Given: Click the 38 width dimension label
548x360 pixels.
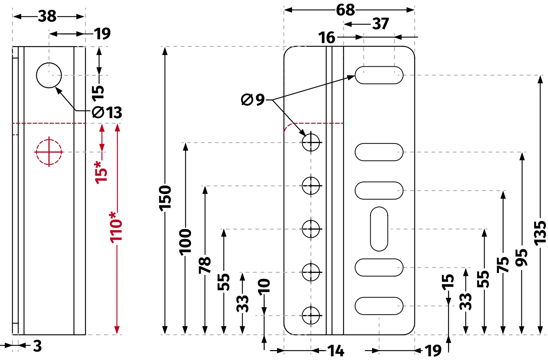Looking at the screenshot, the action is pyautogui.click(x=47, y=16).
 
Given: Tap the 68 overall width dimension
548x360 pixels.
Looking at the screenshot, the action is pyautogui.click(x=345, y=10).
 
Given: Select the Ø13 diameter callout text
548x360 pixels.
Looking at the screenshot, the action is pyautogui.click(x=107, y=112).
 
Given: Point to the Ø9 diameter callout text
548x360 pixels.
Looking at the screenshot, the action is pyautogui.click(x=253, y=100).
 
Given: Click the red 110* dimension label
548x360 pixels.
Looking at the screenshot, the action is pyautogui.click(x=116, y=228).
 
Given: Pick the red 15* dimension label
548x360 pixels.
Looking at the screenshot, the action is pyautogui.click(x=101, y=173).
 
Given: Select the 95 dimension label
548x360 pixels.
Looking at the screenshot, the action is pyautogui.click(x=521, y=257).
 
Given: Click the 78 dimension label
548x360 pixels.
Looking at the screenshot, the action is pyautogui.click(x=205, y=265).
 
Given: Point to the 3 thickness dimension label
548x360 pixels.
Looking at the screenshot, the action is pyautogui.click(x=37, y=346).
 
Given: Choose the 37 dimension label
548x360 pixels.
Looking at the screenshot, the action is pyautogui.click(x=381, y=24).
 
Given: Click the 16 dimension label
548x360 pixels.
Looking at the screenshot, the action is pyautogui.click(x=326, y=38).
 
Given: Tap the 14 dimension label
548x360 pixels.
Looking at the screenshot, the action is pyautogui.click(x=336, y=351).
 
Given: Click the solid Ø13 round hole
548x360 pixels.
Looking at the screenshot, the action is pyautogui.click(x=49, y=75).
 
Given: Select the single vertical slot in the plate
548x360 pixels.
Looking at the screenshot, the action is pyautogui.click(x=379, y=229).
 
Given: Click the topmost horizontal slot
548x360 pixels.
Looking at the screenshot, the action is pyautogui.click(x=379, y=75).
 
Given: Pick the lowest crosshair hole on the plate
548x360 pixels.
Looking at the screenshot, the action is pyautogui.click(x=311, y=315).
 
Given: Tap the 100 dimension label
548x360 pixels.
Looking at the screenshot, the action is pyautogui.click(x=185, y=242).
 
